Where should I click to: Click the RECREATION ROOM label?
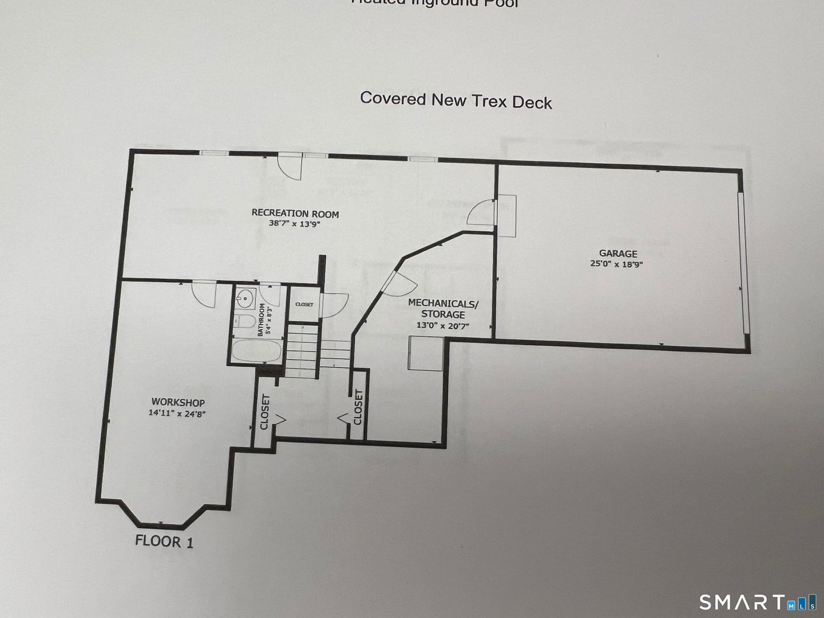295,214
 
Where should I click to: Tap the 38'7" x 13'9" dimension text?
294,224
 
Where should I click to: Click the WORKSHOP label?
178,402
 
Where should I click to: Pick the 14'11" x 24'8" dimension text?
177,413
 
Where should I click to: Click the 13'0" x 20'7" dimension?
443,325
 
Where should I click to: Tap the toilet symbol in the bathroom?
243,322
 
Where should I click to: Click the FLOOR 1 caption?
164,540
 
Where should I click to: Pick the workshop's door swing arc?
203,293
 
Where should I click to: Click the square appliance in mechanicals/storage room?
426,353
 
